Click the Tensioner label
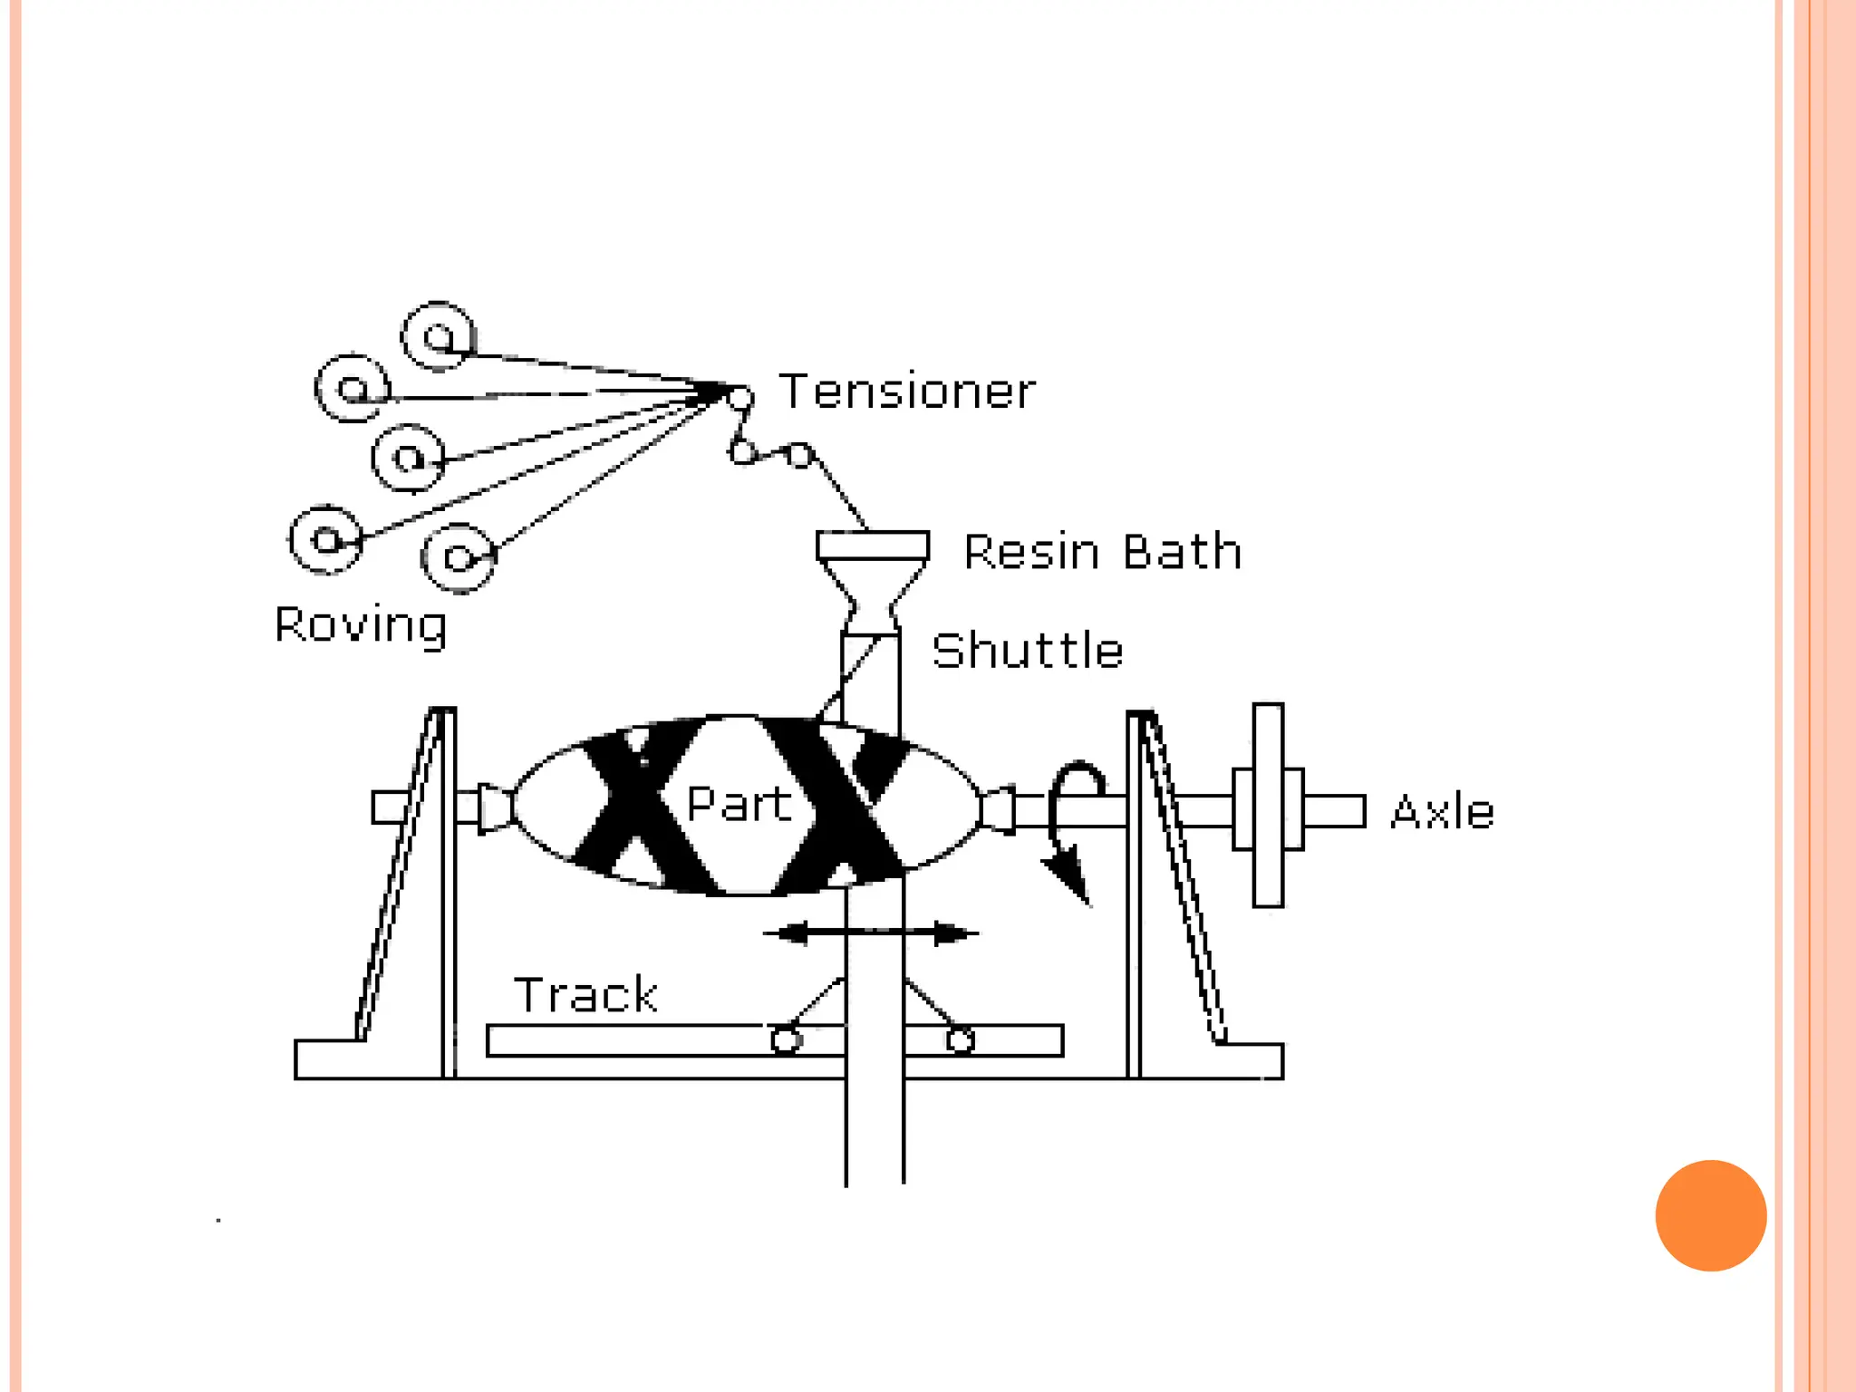click(907, 392)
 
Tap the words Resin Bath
click(1102, 552)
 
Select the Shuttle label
click(1028, 651)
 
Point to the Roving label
click(361, 625)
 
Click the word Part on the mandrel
click(739, 804)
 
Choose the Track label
click(585, 995)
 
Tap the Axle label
click(1442, 812)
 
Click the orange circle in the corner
click(1710, 1215)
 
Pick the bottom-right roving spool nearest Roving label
click(459, 557)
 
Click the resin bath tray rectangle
click(873, 546)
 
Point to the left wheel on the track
click(786, 1039)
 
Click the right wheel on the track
click(960, 1039)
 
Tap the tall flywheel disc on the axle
click(1268, 805)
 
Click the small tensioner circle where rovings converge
click(740, 397)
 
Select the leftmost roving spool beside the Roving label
click(326, 540)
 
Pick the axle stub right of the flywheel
click(1334, 811)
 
